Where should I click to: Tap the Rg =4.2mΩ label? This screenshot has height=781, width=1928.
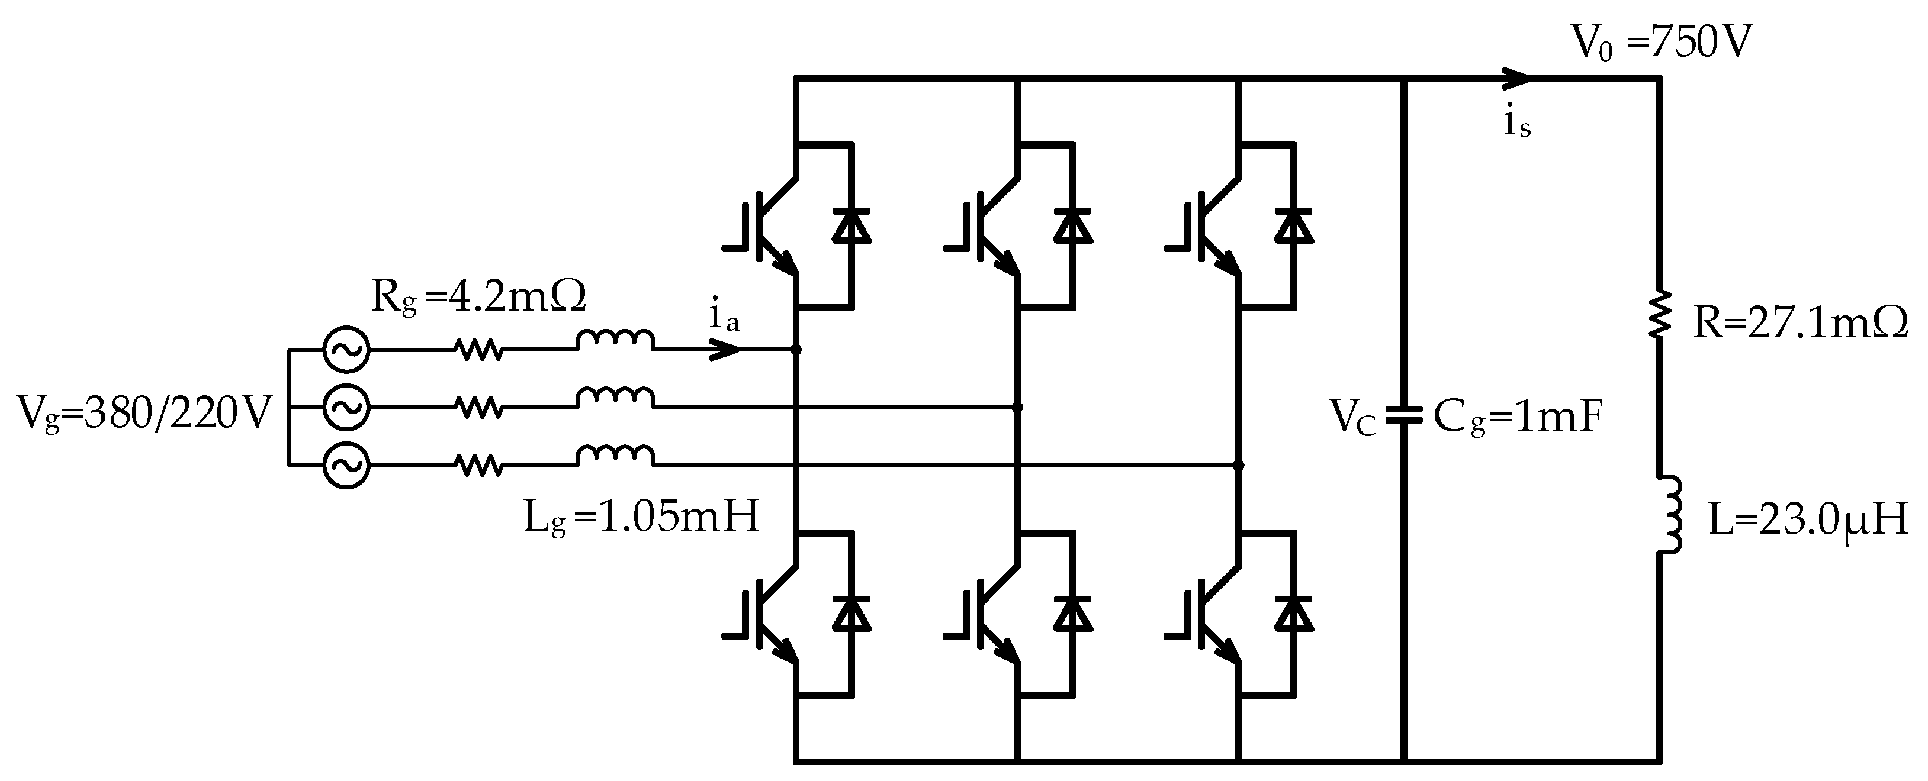coord(478,298)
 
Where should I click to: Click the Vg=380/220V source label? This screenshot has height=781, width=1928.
coord(142,414)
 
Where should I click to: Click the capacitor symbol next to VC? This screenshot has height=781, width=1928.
coord(1403,416)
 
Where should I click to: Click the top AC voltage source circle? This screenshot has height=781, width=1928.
coord(346,349)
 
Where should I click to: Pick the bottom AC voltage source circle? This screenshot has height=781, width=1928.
coord(346,465)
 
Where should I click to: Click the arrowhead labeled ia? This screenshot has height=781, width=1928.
coord(725,349)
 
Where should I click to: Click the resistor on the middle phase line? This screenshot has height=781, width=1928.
coord(479,408)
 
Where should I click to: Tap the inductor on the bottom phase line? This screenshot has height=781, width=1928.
coord(615,456)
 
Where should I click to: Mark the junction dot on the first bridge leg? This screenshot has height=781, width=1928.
coord(796,349)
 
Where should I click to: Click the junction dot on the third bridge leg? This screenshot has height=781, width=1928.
coord(1239,465)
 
